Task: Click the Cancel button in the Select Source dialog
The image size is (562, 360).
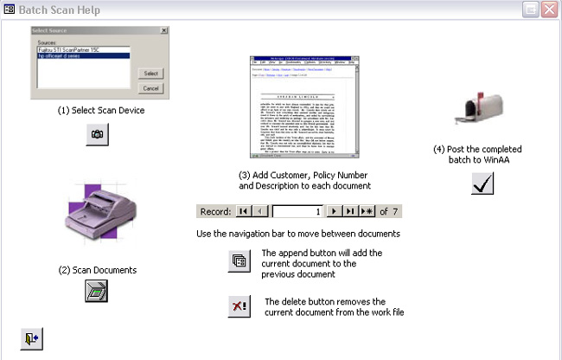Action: pyautogui.click(x=150, y=88)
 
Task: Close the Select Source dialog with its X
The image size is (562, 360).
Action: pyautogui.click(x=163, y=30)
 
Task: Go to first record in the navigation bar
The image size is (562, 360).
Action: pyautogui.click(x=244, y=211)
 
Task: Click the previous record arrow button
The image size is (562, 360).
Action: pyautogui.click(x=260, y=211)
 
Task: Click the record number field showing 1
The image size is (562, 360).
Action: pyautogui.click(x=297, y=211)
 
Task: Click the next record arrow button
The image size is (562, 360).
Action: pyautogui.click(x=333, y=211)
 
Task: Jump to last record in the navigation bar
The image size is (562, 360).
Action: pyautogui.click(x=350, y=211)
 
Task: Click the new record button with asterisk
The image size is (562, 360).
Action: pyautogui.click(x=367, y=211)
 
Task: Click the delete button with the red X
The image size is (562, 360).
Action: pyautogui.click(x=239, y=306)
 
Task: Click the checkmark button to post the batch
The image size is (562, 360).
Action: pyautogui.click(x=482, y=183)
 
